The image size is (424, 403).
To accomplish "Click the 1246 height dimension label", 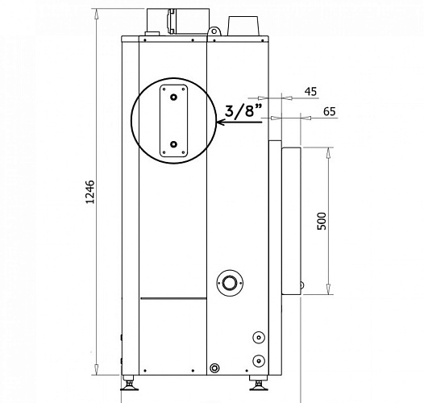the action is click(90, 192).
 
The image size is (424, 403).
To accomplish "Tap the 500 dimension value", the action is click(322, 221).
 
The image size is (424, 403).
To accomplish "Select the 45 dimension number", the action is click(310, 92).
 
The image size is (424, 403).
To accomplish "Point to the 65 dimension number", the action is click(330, 111).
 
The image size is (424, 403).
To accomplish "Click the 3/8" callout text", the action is click(243, 110).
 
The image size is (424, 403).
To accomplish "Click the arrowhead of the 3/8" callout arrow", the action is click(219, 123).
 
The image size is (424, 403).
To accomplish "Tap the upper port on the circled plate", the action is click(173, 97).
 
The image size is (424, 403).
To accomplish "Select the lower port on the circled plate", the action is click(173, 144).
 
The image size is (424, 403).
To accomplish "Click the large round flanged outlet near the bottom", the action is click(230, 283).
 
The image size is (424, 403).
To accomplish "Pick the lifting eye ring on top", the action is click(214, 31).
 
